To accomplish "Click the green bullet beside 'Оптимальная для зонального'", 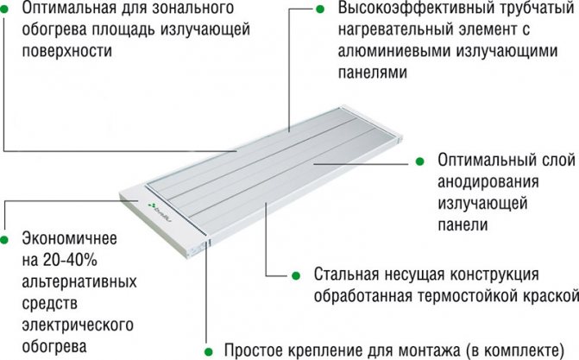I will pyautogui.click(x=7, y=9).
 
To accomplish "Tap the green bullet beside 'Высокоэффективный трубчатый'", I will pyautogui.click(x=321, y=9).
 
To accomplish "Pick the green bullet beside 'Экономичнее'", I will pyautogui.click(x=7, y=237).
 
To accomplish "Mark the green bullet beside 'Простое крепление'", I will pyautogui.click(x=207, y=351).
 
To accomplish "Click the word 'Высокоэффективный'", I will pyautogui.click(x=405, y=9).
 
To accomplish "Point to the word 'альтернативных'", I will pyautogui.click(x=74, y=282).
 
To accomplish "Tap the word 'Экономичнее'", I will pyautogui.click(x=69, y=237).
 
